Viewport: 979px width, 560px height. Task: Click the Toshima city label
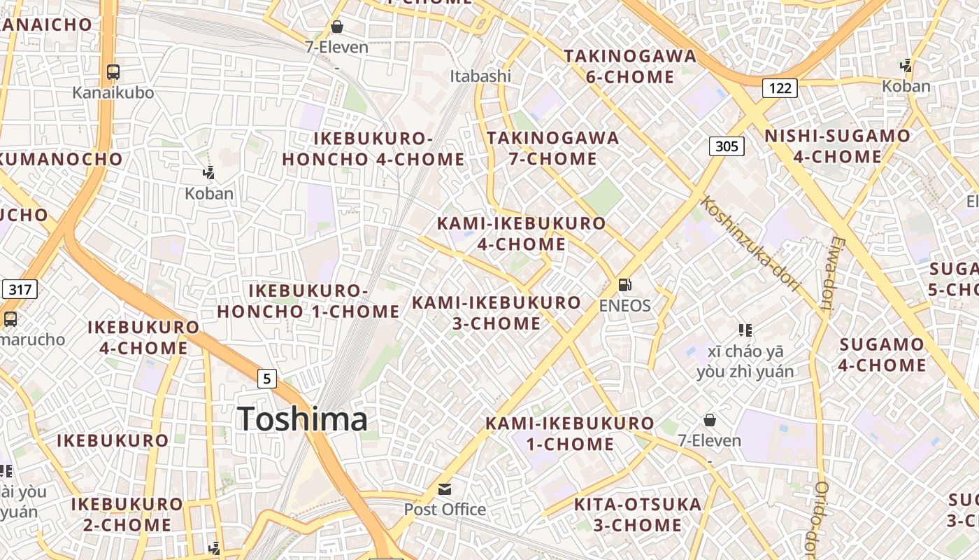(302, 419)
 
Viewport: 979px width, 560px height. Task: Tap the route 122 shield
(780, 87)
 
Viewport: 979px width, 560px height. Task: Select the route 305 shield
(727, 146)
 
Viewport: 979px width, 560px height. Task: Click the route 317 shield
(20, 288)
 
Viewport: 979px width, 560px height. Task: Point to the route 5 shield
(266, 379)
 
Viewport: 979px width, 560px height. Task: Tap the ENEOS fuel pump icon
(624, 285)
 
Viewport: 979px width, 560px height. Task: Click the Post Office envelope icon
(445, 489)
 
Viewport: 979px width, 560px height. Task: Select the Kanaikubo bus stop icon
(113, 71)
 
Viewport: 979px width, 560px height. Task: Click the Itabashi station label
(480, 76)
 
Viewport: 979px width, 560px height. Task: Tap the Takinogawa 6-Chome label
(630, 66)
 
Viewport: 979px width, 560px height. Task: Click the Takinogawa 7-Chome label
(552, 148)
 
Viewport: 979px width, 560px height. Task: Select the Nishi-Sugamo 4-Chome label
(838, 146)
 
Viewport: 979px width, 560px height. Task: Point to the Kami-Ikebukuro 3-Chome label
(496, 312)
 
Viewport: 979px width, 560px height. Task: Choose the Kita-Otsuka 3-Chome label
(637, 514)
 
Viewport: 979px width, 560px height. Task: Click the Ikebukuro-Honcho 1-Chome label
(308, 301)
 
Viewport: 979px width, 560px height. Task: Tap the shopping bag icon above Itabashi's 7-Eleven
(337, 27)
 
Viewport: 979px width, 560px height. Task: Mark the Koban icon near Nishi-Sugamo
(906, 66)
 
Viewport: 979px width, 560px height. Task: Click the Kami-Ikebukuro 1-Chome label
(570, 433)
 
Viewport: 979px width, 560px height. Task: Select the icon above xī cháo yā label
(745, 330)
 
